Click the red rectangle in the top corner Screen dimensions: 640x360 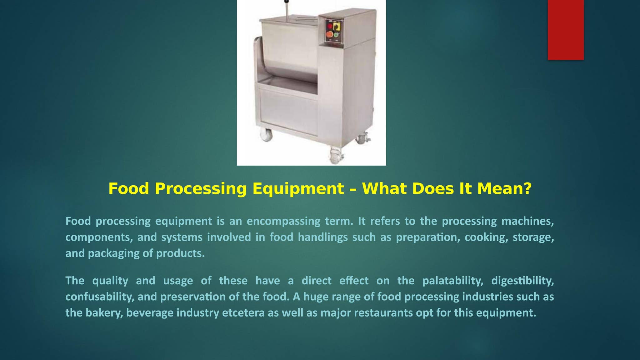coord(566,30)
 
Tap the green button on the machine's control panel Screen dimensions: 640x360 coord(336,35)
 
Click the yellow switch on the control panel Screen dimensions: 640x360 coord(337,26)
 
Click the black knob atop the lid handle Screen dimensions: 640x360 coord(286,2)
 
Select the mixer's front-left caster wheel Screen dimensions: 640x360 coord(267,135)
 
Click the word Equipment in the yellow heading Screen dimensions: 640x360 coord(298,189)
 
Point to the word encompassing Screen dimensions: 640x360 coord(283,221)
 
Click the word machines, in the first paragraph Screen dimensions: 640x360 coord(527,221)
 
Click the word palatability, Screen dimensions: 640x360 coord(453,281)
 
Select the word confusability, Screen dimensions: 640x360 coord(100,297)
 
